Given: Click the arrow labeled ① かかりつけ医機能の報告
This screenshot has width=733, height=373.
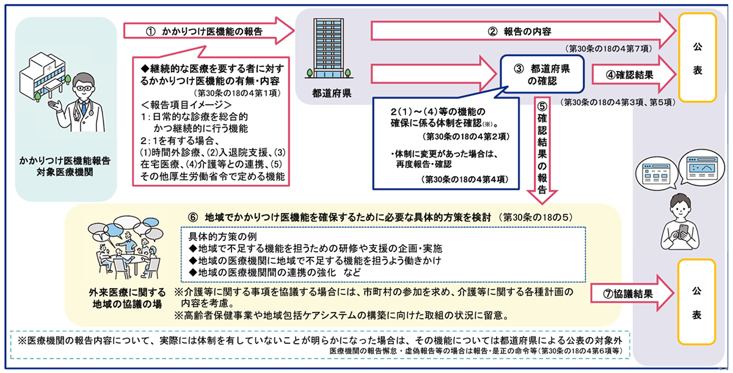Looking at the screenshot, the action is click(x=209, y=31).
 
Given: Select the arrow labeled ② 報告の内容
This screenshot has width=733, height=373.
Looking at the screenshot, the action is click(x=523, y=31).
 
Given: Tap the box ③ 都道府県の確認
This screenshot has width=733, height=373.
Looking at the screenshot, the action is click(x=542, y=74).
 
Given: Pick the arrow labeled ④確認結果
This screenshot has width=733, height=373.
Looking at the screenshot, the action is click(x=634, y=74).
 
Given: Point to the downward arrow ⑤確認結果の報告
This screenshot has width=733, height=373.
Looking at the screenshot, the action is click(x=542, y=150).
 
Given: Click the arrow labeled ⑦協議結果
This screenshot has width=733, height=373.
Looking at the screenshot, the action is click(x=632, y=293).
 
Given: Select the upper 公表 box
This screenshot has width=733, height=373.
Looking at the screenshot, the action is click(x=698, y=58).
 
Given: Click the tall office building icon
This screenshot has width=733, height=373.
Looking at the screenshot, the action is click(x=329, y=48).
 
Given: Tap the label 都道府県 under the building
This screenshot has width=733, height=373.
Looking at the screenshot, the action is click(x=332, y=93).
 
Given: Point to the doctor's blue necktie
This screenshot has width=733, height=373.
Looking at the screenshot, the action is click(x=84, y=108).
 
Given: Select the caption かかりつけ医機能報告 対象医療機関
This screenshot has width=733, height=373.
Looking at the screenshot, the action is click(x=65, y=167).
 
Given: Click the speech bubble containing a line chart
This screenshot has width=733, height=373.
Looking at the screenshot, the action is click(x=702, y=167).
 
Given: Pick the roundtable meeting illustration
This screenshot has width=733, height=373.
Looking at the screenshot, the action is click(x=125, y=247).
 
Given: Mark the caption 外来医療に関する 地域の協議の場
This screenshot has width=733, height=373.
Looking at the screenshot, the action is click(x=127, y=299).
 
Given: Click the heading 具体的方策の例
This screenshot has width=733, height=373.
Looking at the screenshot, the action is click(x=222, y=236).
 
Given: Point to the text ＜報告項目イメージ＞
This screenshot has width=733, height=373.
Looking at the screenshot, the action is click(x=186, y=104).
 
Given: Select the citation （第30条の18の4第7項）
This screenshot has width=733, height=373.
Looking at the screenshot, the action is click(x=608, y=49).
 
